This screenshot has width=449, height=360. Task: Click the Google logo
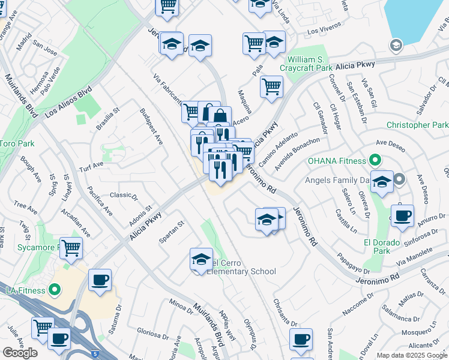click(x=20, y=353)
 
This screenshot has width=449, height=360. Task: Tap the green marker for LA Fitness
click(x=54, y=291)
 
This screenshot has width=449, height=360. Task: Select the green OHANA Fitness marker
click(x=375, y=161)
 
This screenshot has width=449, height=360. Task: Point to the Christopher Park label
click(x=417, y=125)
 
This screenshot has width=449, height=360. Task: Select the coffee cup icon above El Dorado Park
click(x=402, y=215)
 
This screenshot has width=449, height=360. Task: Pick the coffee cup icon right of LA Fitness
click(x=100, y=279)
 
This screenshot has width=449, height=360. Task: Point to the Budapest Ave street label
click(x=151, y=127)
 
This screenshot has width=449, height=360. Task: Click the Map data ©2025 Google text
click(x=412, y=355)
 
